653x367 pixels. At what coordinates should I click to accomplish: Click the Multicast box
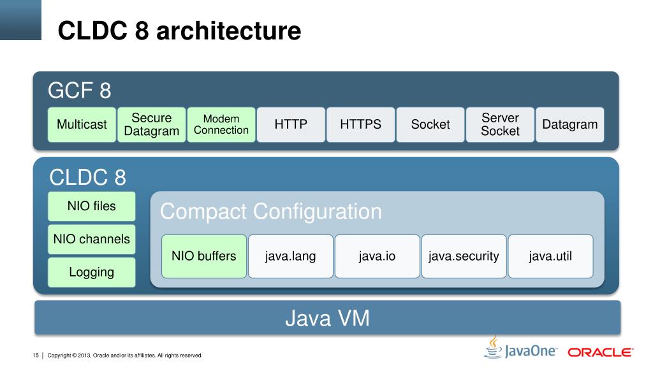[82, 124]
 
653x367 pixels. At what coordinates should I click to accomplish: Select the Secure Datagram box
[152, 124]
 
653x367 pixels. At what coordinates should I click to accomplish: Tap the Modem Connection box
[221, 124]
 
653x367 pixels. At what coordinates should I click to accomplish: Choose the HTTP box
[291, 124]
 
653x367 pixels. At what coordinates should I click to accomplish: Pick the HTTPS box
[360, 124]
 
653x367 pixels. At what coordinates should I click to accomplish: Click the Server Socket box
[500, 124]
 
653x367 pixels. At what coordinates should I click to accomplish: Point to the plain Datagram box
[569, 124]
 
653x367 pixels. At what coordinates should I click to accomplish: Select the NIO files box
[92, 206]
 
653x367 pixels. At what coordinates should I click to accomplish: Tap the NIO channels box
[92, 239]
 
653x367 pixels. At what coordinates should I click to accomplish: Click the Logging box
[92, 272]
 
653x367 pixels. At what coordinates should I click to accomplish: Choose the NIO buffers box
[204, 256]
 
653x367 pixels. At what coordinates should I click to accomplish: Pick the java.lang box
[291, 256]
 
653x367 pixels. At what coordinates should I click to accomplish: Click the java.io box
[377, 256]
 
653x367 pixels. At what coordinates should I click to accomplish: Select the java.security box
[464, 256]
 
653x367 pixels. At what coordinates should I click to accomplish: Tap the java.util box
[550, 256]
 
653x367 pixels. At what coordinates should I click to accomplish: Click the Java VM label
[326, 317]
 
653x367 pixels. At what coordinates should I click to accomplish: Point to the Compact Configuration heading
[271, 211]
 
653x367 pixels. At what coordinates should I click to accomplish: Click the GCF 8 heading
[80, 91]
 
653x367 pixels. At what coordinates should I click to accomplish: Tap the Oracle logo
[600, 352]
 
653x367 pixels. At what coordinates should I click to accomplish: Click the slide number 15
[36, 355]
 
